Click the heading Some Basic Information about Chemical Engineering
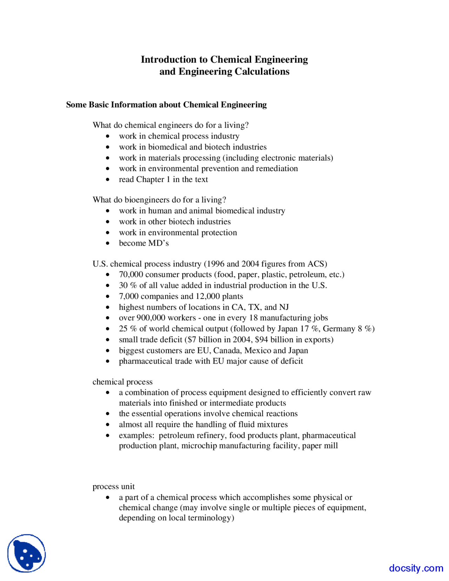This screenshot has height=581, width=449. (166, 105)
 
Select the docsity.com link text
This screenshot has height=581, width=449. (416, 568)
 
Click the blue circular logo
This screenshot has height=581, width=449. (27, 553)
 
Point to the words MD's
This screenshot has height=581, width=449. (158, 243)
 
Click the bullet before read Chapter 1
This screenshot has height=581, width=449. (108, 180)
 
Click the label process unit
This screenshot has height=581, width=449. (113, 486)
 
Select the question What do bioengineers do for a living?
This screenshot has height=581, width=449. (159, 200)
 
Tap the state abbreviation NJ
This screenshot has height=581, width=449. (284, 307)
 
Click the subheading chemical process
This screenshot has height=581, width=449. (122, 382)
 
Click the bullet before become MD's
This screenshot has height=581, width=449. (108, 243)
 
